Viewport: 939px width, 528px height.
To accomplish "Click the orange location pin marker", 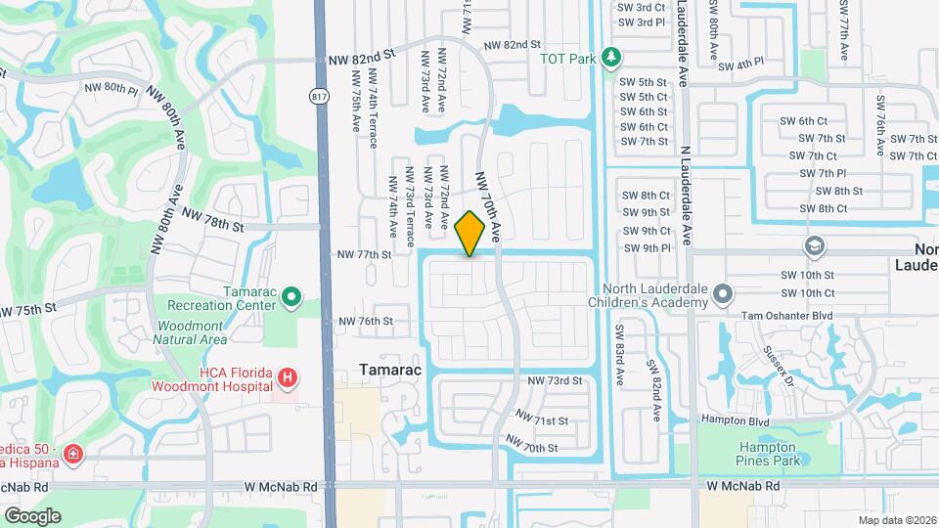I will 470,233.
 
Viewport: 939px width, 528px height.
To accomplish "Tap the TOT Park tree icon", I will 611,58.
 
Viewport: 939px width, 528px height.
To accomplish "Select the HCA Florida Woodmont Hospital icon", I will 287,377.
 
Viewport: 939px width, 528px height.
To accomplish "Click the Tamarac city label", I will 389,372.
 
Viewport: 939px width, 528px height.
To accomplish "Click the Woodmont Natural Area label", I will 190,332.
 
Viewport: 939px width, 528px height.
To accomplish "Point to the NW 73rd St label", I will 555,380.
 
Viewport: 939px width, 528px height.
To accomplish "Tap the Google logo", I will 32,515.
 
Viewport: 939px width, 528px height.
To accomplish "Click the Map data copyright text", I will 897,520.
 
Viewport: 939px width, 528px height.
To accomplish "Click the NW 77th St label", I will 364,254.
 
